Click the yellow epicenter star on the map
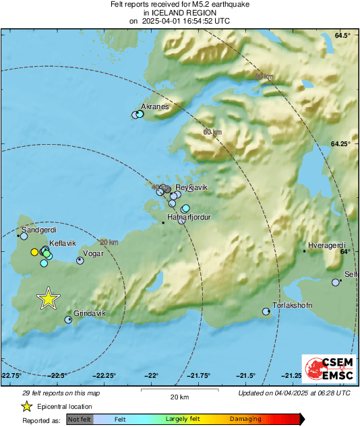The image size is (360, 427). [x=48, y=298]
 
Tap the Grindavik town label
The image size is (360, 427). [x=89, y=314]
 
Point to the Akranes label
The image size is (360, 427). [x=154, y=107]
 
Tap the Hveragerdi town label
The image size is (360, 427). [x=326, y=244]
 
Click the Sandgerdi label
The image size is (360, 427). [x=39, y=229]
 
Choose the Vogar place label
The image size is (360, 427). [x=92, y=253]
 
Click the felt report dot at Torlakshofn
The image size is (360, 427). [x=266, y=311]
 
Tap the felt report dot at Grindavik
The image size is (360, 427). [x=68, y=320]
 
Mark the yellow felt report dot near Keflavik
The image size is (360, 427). [x=34, y=252]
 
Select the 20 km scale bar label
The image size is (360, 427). [x=179, y=396]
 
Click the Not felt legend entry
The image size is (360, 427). [x=79, y=419]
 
